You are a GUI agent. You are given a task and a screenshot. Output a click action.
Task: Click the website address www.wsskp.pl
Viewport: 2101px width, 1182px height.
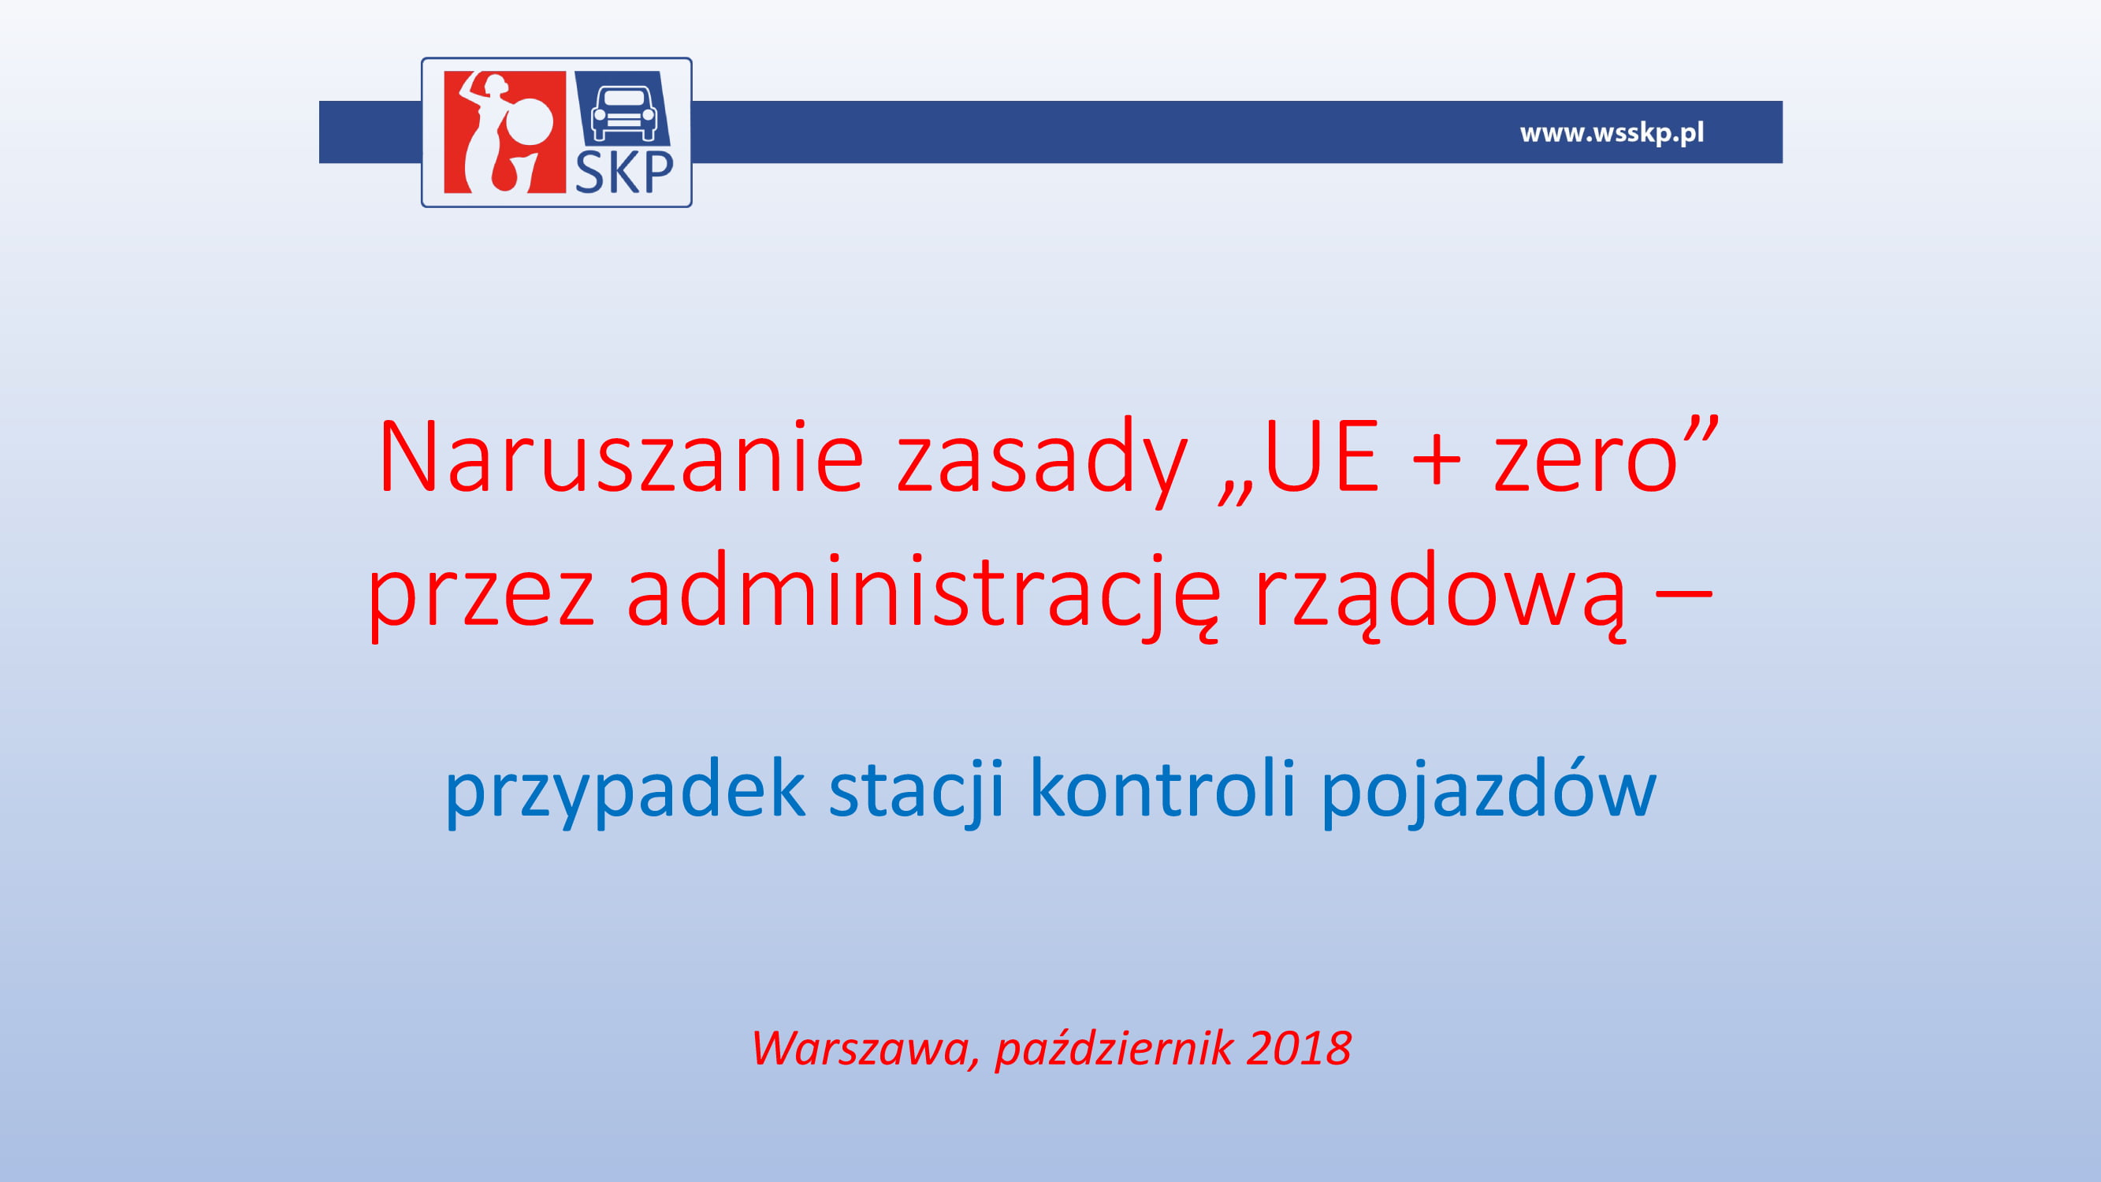pyautogui.click(x=1612, y=133)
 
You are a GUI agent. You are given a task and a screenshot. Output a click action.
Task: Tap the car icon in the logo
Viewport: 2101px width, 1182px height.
pyautogui.click(x=624, y=113)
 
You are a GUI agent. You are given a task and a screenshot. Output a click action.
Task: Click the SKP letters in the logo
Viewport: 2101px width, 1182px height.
pyautogui.click(x=625, y=172)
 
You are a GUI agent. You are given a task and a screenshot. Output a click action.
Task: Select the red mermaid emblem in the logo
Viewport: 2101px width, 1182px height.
pyautogui.click(x=505, y=132)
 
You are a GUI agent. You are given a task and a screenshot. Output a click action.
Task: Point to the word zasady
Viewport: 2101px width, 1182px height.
pyautogui.click(x=1043, y=462)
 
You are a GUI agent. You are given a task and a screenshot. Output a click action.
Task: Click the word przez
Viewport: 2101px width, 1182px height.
pyautogui.click(x=482, y=599)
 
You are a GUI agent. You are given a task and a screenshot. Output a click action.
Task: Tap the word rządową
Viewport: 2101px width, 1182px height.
pyautogui.click(x=1440, y=595)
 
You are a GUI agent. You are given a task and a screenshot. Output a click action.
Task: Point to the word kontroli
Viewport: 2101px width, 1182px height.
pyautogui.click(x=1162, y=786)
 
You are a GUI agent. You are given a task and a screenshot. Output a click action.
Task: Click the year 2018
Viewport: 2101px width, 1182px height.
pyautogui.click(x=1299, y=1048)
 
